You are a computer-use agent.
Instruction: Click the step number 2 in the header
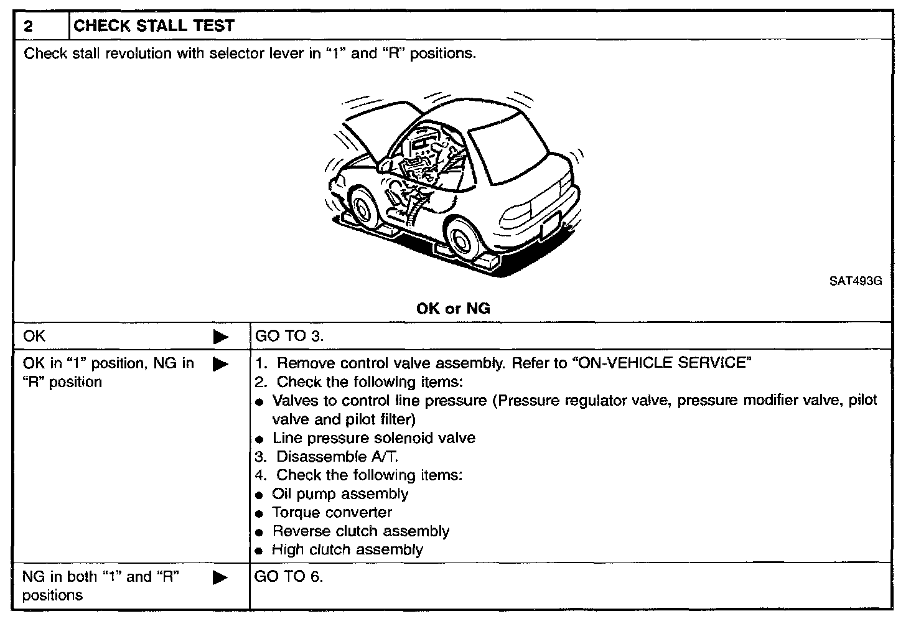coord(28,26)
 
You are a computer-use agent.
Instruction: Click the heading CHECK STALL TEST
coord(154,26)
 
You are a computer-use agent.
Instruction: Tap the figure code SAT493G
coord(855,281)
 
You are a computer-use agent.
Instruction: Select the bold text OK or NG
coord(453,309)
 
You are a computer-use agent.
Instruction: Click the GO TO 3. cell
coord(289,337)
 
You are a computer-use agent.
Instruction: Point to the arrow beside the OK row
coord(220,337)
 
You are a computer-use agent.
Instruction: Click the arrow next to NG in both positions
coord(220,577)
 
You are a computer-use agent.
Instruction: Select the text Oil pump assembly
coord(340,494)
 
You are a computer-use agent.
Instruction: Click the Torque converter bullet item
coord(332,513)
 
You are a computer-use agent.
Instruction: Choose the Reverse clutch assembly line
coord(360,531)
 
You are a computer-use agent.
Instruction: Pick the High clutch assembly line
coord(347,550)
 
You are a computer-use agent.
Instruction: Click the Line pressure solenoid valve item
coord(373,438)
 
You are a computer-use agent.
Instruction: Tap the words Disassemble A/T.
coord(337,457)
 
